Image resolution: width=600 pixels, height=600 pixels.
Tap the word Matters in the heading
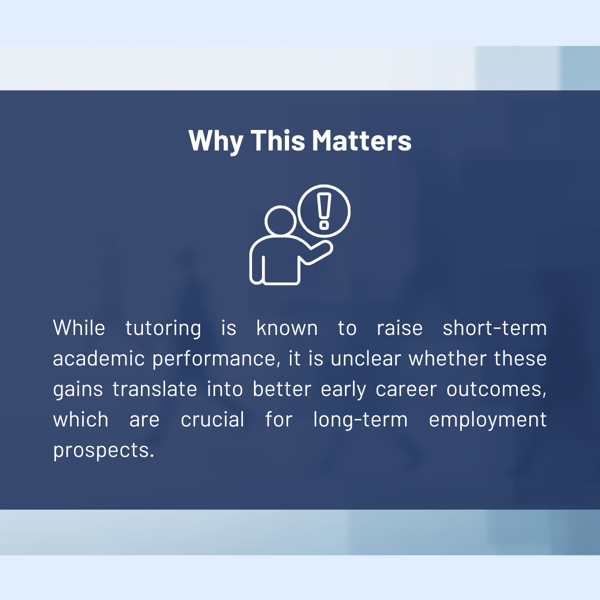click(x=362, y=140)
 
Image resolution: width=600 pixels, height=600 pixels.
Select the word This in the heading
click(x=277, y=140)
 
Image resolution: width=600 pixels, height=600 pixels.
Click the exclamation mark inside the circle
click(x=324, y=211)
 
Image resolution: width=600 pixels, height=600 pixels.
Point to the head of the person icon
click(x=280, y=221)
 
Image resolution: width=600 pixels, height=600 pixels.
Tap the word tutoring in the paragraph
click(x=163, y=329)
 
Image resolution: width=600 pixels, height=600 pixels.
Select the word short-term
click(x=494, y=328)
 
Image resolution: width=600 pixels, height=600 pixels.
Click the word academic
click(x=99, y=358)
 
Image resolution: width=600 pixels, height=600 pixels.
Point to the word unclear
click(x=365, y=358)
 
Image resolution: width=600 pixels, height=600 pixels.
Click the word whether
click(x=447, y=358)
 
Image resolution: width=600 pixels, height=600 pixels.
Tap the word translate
click(x=154, y=389)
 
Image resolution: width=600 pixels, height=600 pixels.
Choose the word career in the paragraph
click(x=406, y=389)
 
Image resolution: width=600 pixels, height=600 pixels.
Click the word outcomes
click(x=496, y=389)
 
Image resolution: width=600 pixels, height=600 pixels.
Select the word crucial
click(x=212, y=419)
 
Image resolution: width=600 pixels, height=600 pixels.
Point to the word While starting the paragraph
click(x=79, y=328)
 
